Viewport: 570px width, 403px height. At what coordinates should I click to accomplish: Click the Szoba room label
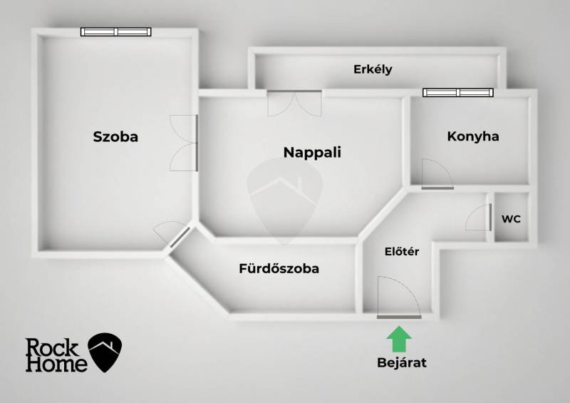(x=115, y=137)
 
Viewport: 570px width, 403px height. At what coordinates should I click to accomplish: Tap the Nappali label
(x=312, y=152)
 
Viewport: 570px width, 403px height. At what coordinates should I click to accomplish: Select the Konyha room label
(x=472, y=136)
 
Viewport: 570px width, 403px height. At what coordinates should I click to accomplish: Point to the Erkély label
(x=373, y=69)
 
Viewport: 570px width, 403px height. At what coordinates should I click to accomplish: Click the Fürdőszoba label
(x=279, y=269)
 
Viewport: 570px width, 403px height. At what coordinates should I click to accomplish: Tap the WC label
(x=511, y=219)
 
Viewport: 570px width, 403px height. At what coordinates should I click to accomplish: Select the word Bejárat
(x=401, y=362)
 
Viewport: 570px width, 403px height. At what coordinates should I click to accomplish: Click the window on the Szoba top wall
(x=115, y=31)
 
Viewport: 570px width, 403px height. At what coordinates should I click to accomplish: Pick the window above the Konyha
(x=457, y=92)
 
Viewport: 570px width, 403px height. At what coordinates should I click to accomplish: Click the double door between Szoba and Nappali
(x=185, y=143)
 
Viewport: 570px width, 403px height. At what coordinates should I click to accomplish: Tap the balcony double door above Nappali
(x=294, y=103)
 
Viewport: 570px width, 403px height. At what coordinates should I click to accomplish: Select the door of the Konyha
(x=435, y=175)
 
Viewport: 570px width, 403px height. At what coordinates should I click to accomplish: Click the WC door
(x=480, y=217)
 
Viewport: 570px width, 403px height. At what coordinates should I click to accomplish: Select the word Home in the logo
(x=56, y=364)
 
